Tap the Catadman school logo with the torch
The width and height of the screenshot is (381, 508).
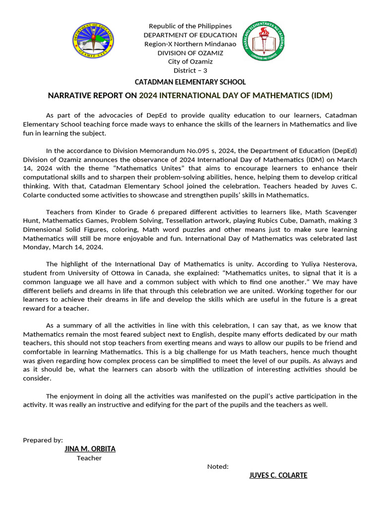(263, 43)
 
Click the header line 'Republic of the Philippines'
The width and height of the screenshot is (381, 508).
(190, 26)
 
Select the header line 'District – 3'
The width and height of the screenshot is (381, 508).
(190, 70)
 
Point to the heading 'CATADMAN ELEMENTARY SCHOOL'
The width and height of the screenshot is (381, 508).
(190, 82)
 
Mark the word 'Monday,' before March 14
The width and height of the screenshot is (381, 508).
(37, 247)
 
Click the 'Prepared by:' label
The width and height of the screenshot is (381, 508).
(43, 440)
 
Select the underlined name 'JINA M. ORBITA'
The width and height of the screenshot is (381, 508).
(90, 449)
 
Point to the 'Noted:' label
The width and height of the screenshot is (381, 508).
(218, 466)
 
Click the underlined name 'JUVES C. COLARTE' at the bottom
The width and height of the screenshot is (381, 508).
(278, 475)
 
